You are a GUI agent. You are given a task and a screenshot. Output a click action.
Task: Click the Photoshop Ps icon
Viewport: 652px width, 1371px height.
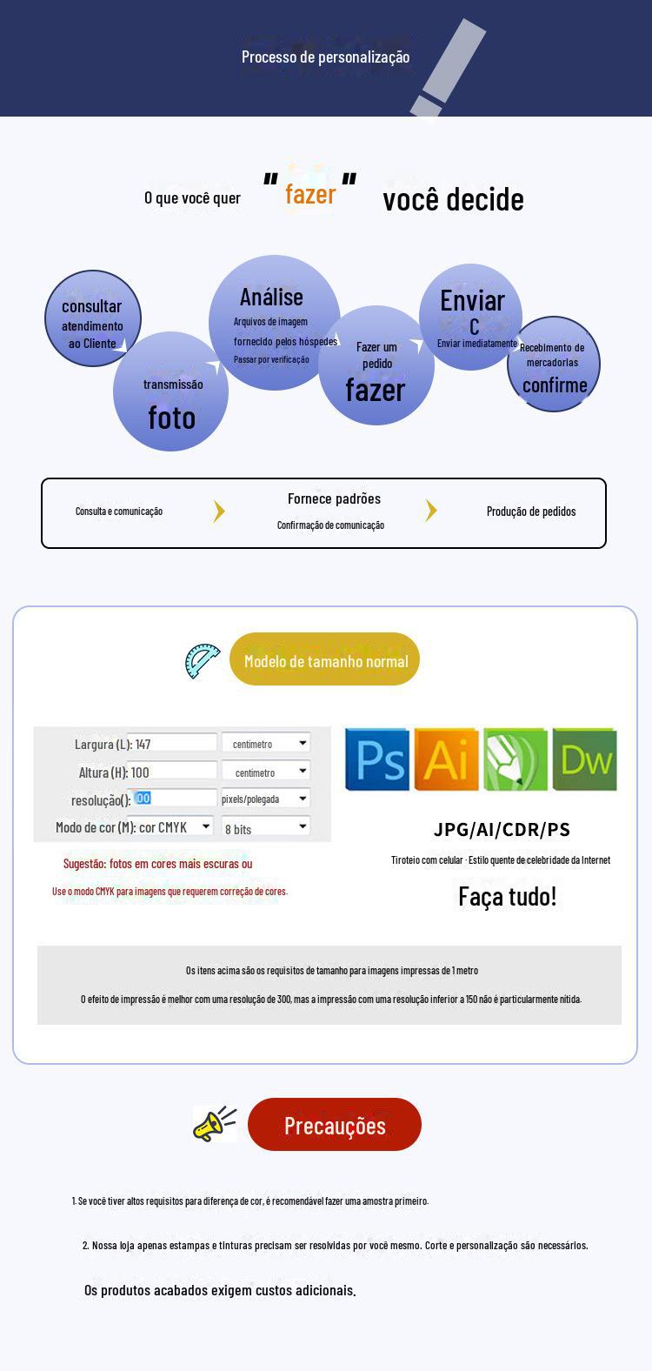377,759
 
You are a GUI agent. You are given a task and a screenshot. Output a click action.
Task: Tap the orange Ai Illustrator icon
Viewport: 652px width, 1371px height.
446,759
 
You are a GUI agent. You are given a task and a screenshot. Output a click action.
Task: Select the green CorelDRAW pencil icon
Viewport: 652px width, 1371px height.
516,759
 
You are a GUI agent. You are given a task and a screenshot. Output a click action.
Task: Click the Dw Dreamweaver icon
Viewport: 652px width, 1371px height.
585,759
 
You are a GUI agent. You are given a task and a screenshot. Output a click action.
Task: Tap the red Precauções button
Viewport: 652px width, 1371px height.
335,1125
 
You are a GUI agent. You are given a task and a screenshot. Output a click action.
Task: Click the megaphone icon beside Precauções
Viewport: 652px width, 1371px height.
214,1124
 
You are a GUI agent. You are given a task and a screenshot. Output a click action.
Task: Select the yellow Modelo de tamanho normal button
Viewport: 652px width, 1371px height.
325,660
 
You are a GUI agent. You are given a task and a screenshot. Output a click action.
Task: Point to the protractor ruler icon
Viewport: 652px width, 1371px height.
203,661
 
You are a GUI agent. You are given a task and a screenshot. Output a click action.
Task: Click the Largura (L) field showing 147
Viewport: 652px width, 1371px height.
172,744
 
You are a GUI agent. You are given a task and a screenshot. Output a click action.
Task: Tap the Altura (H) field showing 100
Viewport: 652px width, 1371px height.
172,772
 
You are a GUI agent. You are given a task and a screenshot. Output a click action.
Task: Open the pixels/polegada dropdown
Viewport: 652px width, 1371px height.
265,799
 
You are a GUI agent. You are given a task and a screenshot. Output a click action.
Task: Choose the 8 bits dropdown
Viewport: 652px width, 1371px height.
265,827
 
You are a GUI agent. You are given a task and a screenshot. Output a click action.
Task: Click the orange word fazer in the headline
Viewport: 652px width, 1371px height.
310,194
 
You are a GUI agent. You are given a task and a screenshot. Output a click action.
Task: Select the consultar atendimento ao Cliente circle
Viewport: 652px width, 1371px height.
92,319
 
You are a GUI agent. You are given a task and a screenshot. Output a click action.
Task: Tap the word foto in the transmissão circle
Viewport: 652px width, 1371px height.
171,418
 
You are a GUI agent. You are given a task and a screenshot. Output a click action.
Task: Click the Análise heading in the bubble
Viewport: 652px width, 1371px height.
271,298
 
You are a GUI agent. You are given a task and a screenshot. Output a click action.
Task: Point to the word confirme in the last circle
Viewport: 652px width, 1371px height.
555,385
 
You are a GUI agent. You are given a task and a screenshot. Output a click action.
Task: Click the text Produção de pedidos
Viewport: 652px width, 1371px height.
531,512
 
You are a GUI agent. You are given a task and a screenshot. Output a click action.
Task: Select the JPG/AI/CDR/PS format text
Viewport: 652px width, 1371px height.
502,829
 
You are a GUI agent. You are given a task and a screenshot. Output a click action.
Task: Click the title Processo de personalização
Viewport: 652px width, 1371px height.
325,57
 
